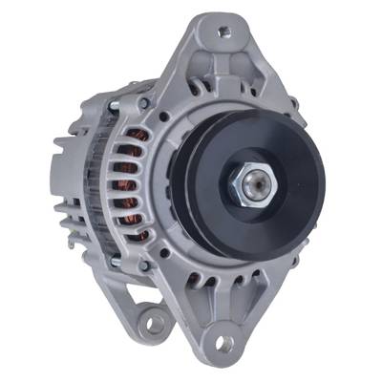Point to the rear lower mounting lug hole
coord(150,323)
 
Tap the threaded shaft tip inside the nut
coord(251,185)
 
